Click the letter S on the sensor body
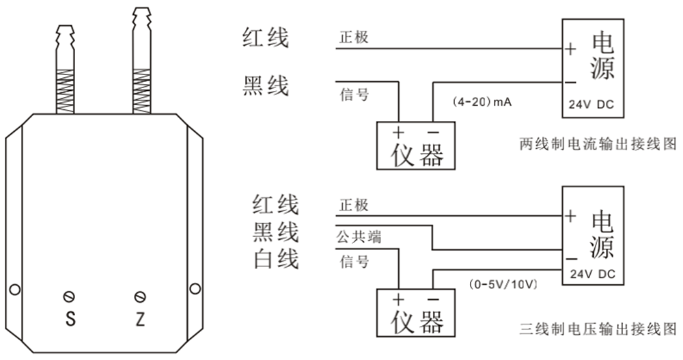69,318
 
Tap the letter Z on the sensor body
141,318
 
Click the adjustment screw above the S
69,296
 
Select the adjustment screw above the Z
141,296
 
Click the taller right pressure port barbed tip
141,20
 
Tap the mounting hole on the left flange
12,288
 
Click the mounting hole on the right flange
195,288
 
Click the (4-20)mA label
482,102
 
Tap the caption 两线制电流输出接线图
598,146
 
